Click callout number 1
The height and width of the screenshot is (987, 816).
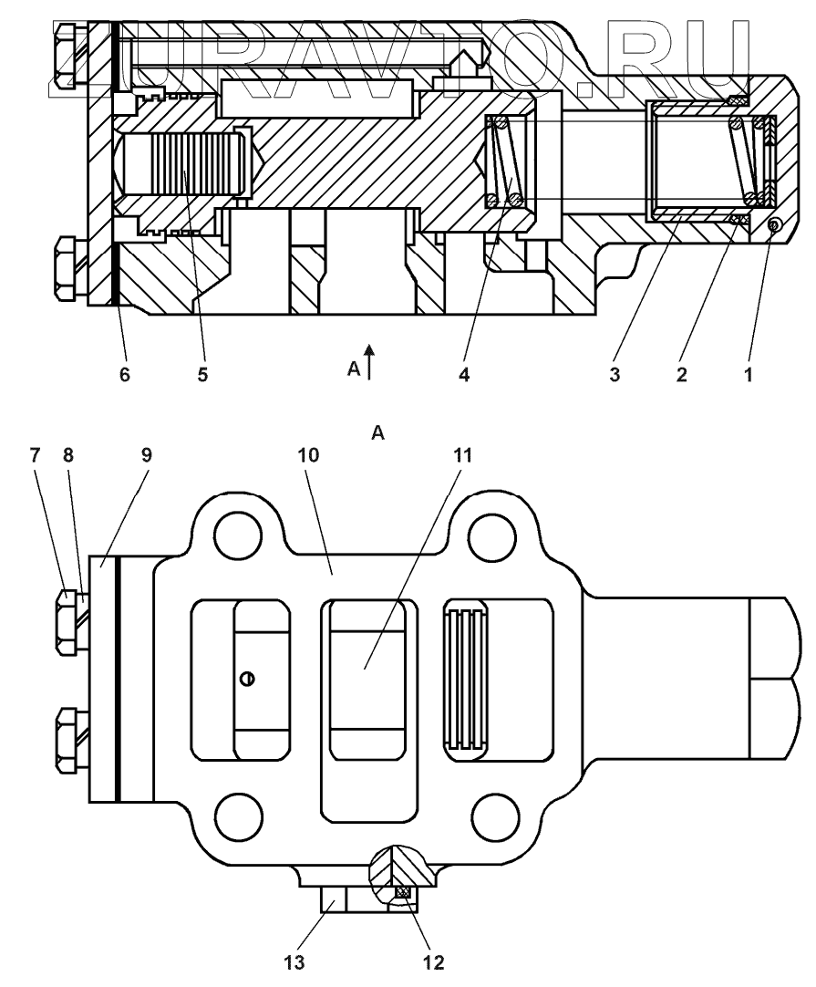(749, 375)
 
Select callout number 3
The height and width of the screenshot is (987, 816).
(615, 375)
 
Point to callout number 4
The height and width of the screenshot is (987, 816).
(464, 375)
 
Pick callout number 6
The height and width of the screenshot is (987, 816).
(124, 375)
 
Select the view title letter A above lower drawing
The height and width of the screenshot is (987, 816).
(377, 435)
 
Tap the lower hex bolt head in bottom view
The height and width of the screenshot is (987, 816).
(68, 740)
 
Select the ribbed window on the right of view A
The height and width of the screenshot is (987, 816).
(465, 681)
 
